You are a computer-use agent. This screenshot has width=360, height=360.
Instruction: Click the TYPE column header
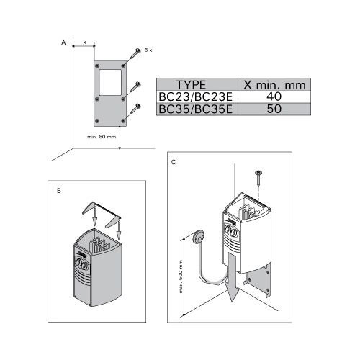pyautogui.click(x=191, y=85)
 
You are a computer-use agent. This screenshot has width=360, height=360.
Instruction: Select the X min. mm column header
pyautogui.click(x=274, y=85)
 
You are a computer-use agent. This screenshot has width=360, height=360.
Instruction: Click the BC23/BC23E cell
pyautogui.click(x=196, y=96)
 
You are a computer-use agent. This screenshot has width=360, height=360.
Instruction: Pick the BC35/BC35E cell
pyautogui.click(x=196, y=109)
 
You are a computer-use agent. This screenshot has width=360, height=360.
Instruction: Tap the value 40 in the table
pyautogui.click(x=274, y=96)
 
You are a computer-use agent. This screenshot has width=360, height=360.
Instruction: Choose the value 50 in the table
pyautogui.click(x=274, y=109)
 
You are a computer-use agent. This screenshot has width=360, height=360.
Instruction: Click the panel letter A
pyautogui.click(x=63, y=42)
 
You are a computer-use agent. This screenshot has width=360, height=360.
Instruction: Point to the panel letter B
pyautogui.click(x=59, y=191)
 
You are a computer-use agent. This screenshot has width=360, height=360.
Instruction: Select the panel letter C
pyautogui.click(x=174, y=162)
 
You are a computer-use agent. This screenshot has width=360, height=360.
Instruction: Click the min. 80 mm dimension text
pyautogui.click(x=102, y=137)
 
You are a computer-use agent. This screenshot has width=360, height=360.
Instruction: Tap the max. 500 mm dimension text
pyautogui.click(x=181, y=276)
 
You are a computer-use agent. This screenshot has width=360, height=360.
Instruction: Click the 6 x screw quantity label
pyautogui.click(x=148, y=50)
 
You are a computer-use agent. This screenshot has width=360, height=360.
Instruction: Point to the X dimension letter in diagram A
pyautogui.click(x=84, y=42)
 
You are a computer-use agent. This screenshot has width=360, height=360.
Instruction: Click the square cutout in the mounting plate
pyautogui.click(x=110, y=82)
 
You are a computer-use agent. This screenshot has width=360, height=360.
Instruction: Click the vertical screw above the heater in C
pyautogui.click(x=258, y=178)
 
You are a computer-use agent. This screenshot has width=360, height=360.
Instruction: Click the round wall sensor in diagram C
pyautogui.click(x=198, y=237)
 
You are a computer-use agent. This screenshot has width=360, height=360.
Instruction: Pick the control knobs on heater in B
pyautogui.click(x=81, y=264)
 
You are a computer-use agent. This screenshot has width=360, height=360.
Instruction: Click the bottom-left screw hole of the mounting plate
pyautogui.click(x=97, y=121)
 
